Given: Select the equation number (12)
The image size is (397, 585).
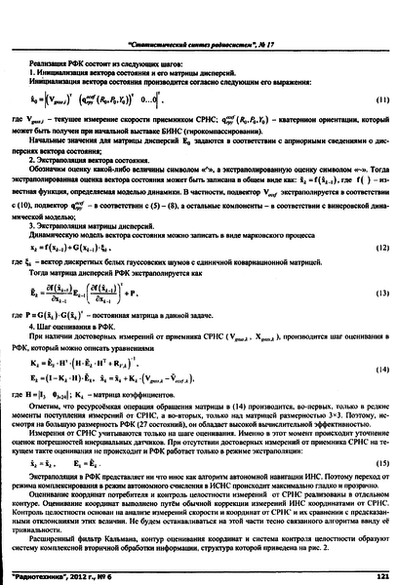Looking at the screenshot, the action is click(371, 250).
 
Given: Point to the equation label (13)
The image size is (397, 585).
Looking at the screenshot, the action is click(371, 292).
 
